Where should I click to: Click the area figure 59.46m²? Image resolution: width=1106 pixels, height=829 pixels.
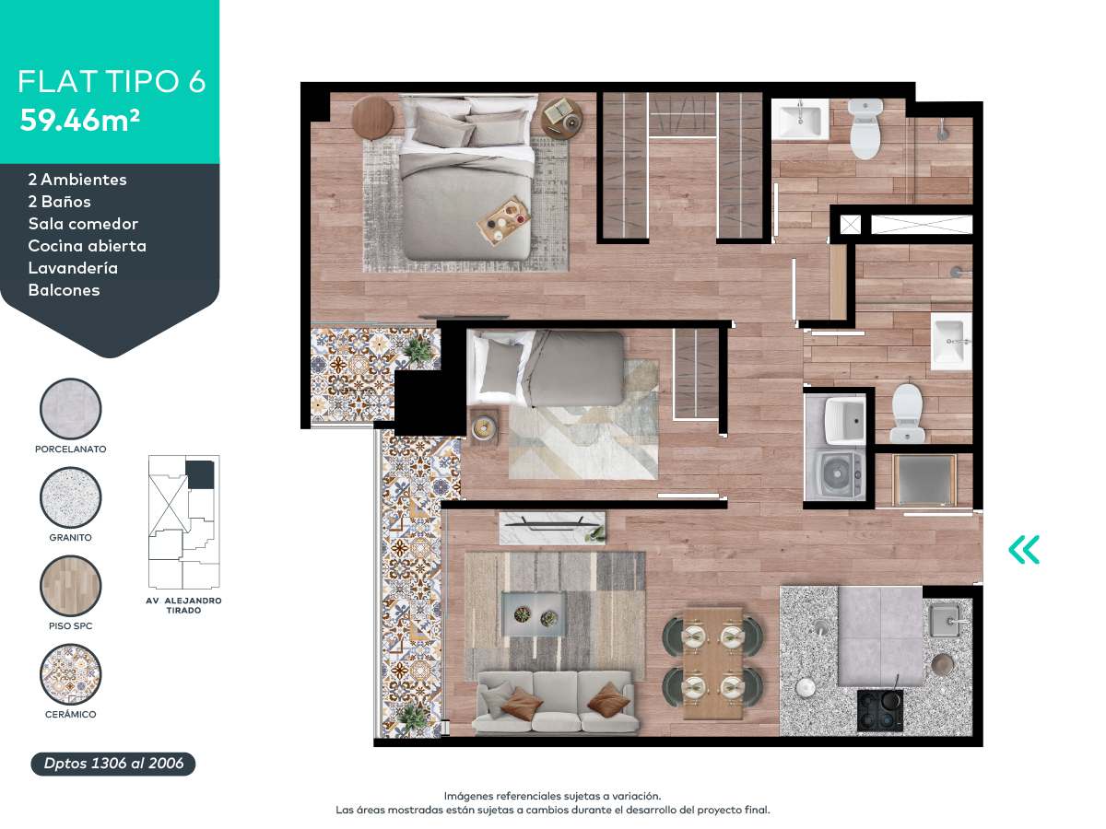point(79,121)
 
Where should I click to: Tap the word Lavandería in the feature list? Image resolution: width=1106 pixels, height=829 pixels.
point(73,268)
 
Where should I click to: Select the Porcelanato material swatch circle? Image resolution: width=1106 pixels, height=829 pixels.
point(71,409)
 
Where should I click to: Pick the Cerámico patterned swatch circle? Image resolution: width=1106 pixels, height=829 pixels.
point(71,674)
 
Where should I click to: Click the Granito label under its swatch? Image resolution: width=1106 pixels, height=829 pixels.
point(71,538)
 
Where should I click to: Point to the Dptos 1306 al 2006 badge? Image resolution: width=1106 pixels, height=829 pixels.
point(113,764)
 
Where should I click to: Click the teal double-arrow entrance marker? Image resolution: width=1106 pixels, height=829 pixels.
point(1024,550)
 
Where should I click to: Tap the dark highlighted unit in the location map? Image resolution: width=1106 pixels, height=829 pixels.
point(200,474)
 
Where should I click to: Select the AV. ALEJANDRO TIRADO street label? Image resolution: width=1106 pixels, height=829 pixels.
point(183,605)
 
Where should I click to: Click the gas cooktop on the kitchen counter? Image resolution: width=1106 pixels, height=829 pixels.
point(880,710)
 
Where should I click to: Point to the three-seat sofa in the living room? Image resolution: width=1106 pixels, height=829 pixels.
point(555,702)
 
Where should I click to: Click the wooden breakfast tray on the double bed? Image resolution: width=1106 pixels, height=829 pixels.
point(504,220)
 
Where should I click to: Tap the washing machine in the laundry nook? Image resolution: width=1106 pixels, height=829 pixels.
point(836,474)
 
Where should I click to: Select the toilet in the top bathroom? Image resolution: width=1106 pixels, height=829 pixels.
point(865,129)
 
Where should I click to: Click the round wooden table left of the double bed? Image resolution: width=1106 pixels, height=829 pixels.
point(372,117)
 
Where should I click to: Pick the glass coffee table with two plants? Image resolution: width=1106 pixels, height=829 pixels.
point(534,614)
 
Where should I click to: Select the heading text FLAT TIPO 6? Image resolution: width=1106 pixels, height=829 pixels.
point(112,82)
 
